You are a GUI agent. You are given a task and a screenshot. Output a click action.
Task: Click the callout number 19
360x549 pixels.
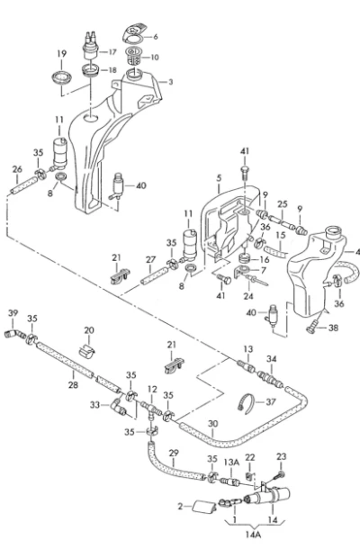point(61,54)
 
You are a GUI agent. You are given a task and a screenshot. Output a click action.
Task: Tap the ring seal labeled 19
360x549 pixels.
point(62,76)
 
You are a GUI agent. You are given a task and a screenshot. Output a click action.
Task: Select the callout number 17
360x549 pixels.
point(112,52)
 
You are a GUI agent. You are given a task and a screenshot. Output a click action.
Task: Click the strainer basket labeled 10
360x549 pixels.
point(133,56)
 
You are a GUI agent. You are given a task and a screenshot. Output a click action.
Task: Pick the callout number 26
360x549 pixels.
point(17,169)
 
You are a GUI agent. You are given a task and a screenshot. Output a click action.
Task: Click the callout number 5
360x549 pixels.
point(219,178)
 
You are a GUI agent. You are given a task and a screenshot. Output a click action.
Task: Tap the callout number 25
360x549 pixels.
point(283,204)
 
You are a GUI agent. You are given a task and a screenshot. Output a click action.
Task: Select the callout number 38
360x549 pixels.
point(333,328)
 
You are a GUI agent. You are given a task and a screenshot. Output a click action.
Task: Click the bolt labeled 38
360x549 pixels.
point(312,327)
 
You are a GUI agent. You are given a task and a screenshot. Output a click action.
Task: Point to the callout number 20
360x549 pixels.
point(89,330)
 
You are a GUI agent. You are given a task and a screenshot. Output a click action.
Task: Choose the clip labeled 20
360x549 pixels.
point(87,351)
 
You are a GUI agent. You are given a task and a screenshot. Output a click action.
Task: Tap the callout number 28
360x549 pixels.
point(73,384)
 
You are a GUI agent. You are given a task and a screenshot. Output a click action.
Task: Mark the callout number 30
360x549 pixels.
point(213,424)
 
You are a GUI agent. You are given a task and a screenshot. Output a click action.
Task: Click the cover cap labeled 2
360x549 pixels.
point(203,507)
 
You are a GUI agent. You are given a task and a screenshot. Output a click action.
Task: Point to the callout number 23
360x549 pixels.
point(281,456)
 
